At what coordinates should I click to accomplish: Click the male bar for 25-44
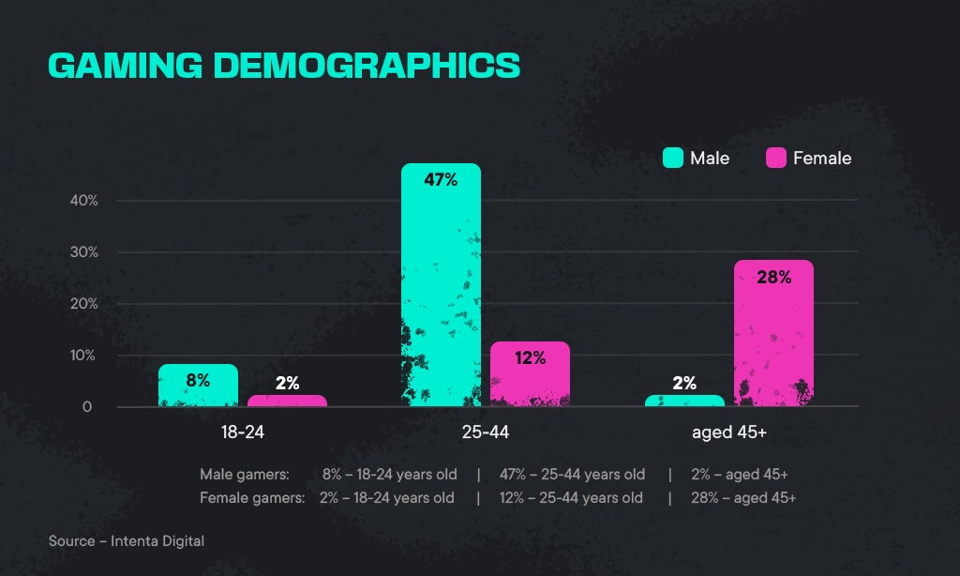(x=441, y=285)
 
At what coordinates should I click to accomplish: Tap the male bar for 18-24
(x=198, y=386)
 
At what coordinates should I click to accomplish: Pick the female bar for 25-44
(x=530, y=374)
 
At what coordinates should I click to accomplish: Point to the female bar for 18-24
(x=287, y=401)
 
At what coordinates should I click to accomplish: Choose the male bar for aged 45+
(x=684, y=401)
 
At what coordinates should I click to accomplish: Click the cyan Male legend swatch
(x=672, y=158)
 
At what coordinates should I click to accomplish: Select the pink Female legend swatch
(x=775, y=158)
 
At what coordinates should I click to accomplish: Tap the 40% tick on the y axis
(x=82, y=201)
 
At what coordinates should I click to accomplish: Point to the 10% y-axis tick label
(x=82, y=356)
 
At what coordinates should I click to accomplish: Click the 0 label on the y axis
(x=87, y=407)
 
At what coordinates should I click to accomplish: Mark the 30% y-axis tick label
(x=82, y=252)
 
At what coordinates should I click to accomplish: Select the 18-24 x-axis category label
(x=242, y=433)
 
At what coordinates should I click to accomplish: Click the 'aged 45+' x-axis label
(x=729, y=433)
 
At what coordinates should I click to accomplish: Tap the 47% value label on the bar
(x=441, y=180)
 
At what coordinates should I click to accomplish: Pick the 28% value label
(x=773, y=277)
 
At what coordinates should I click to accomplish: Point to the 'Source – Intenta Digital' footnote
(x=127, y=541)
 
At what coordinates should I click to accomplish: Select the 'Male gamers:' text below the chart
(x=245, y=474)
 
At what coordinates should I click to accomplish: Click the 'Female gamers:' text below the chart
(x=252, y=497)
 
